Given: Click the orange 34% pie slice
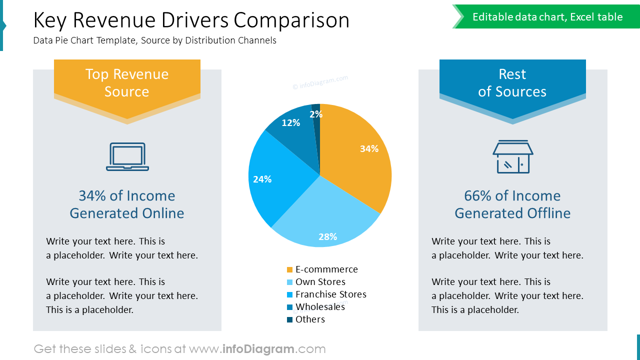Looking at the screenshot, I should (355, 155).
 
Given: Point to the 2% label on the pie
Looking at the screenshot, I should (316, 114).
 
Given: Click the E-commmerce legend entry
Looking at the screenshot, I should (326, 269).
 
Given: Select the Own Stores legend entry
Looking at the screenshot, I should (320, 282).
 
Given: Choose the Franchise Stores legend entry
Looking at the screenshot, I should (330, 294).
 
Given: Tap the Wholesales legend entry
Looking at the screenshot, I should (320, 307).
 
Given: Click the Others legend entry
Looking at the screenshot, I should (310, 319).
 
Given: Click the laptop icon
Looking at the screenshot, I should (127, 157).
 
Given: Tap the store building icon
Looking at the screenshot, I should (512, 157).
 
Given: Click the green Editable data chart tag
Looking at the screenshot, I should (547, 17).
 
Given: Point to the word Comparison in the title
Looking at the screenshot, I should (291, 20).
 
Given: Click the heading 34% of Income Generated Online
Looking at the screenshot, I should (127, 204).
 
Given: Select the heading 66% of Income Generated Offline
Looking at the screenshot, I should (512, 204).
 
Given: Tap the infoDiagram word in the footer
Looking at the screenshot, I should (258, 349).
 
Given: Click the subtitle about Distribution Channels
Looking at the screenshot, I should (155, 40).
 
